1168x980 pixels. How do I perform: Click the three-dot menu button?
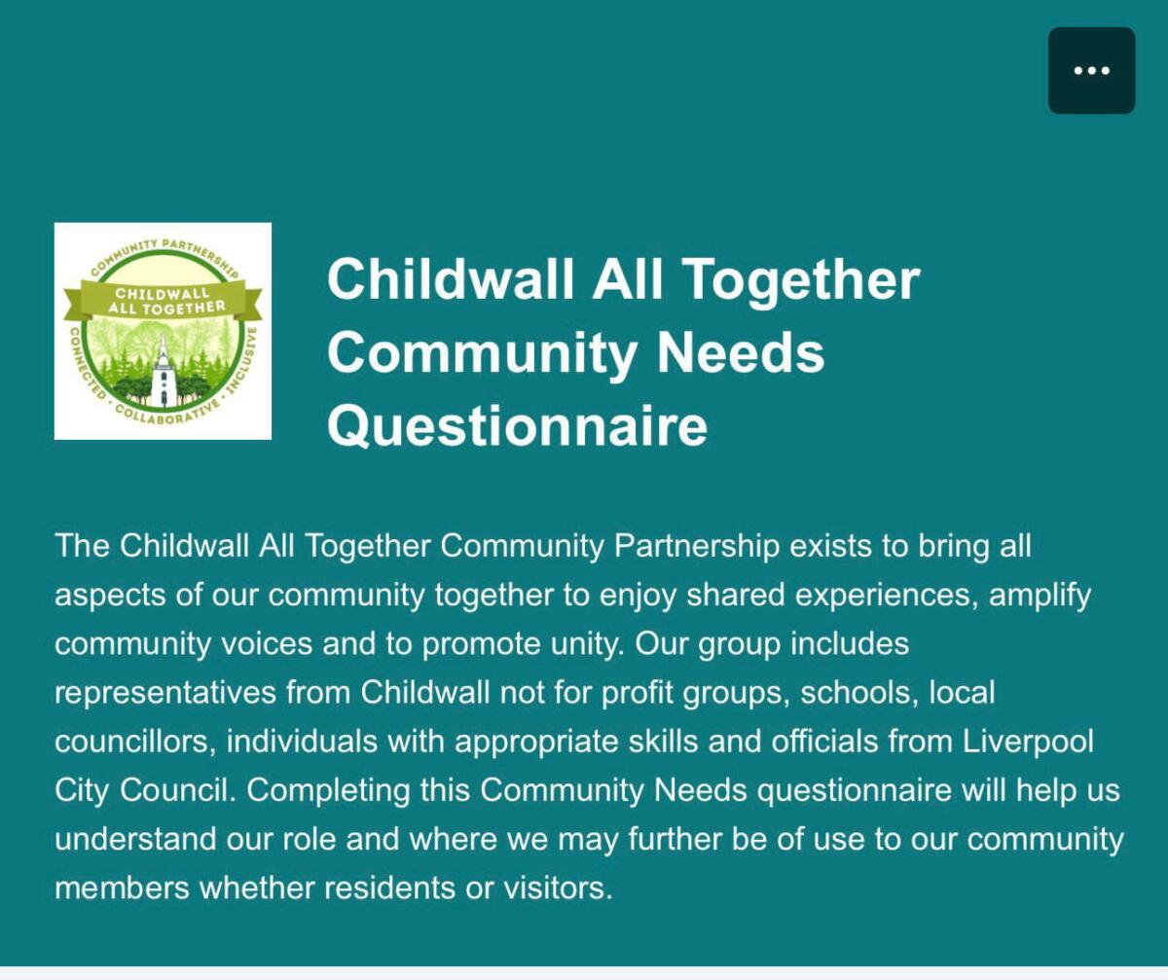[1091, 70]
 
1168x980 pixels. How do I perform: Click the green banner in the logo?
[163, 301]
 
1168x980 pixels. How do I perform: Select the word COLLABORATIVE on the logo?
[167, 413]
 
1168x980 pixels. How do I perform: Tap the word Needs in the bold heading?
[741, 353]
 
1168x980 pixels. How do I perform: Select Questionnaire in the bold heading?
[518, 427]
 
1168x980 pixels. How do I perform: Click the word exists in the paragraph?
[830, 546]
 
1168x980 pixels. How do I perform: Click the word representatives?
[165, 693]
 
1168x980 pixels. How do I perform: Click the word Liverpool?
[1028, 743]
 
